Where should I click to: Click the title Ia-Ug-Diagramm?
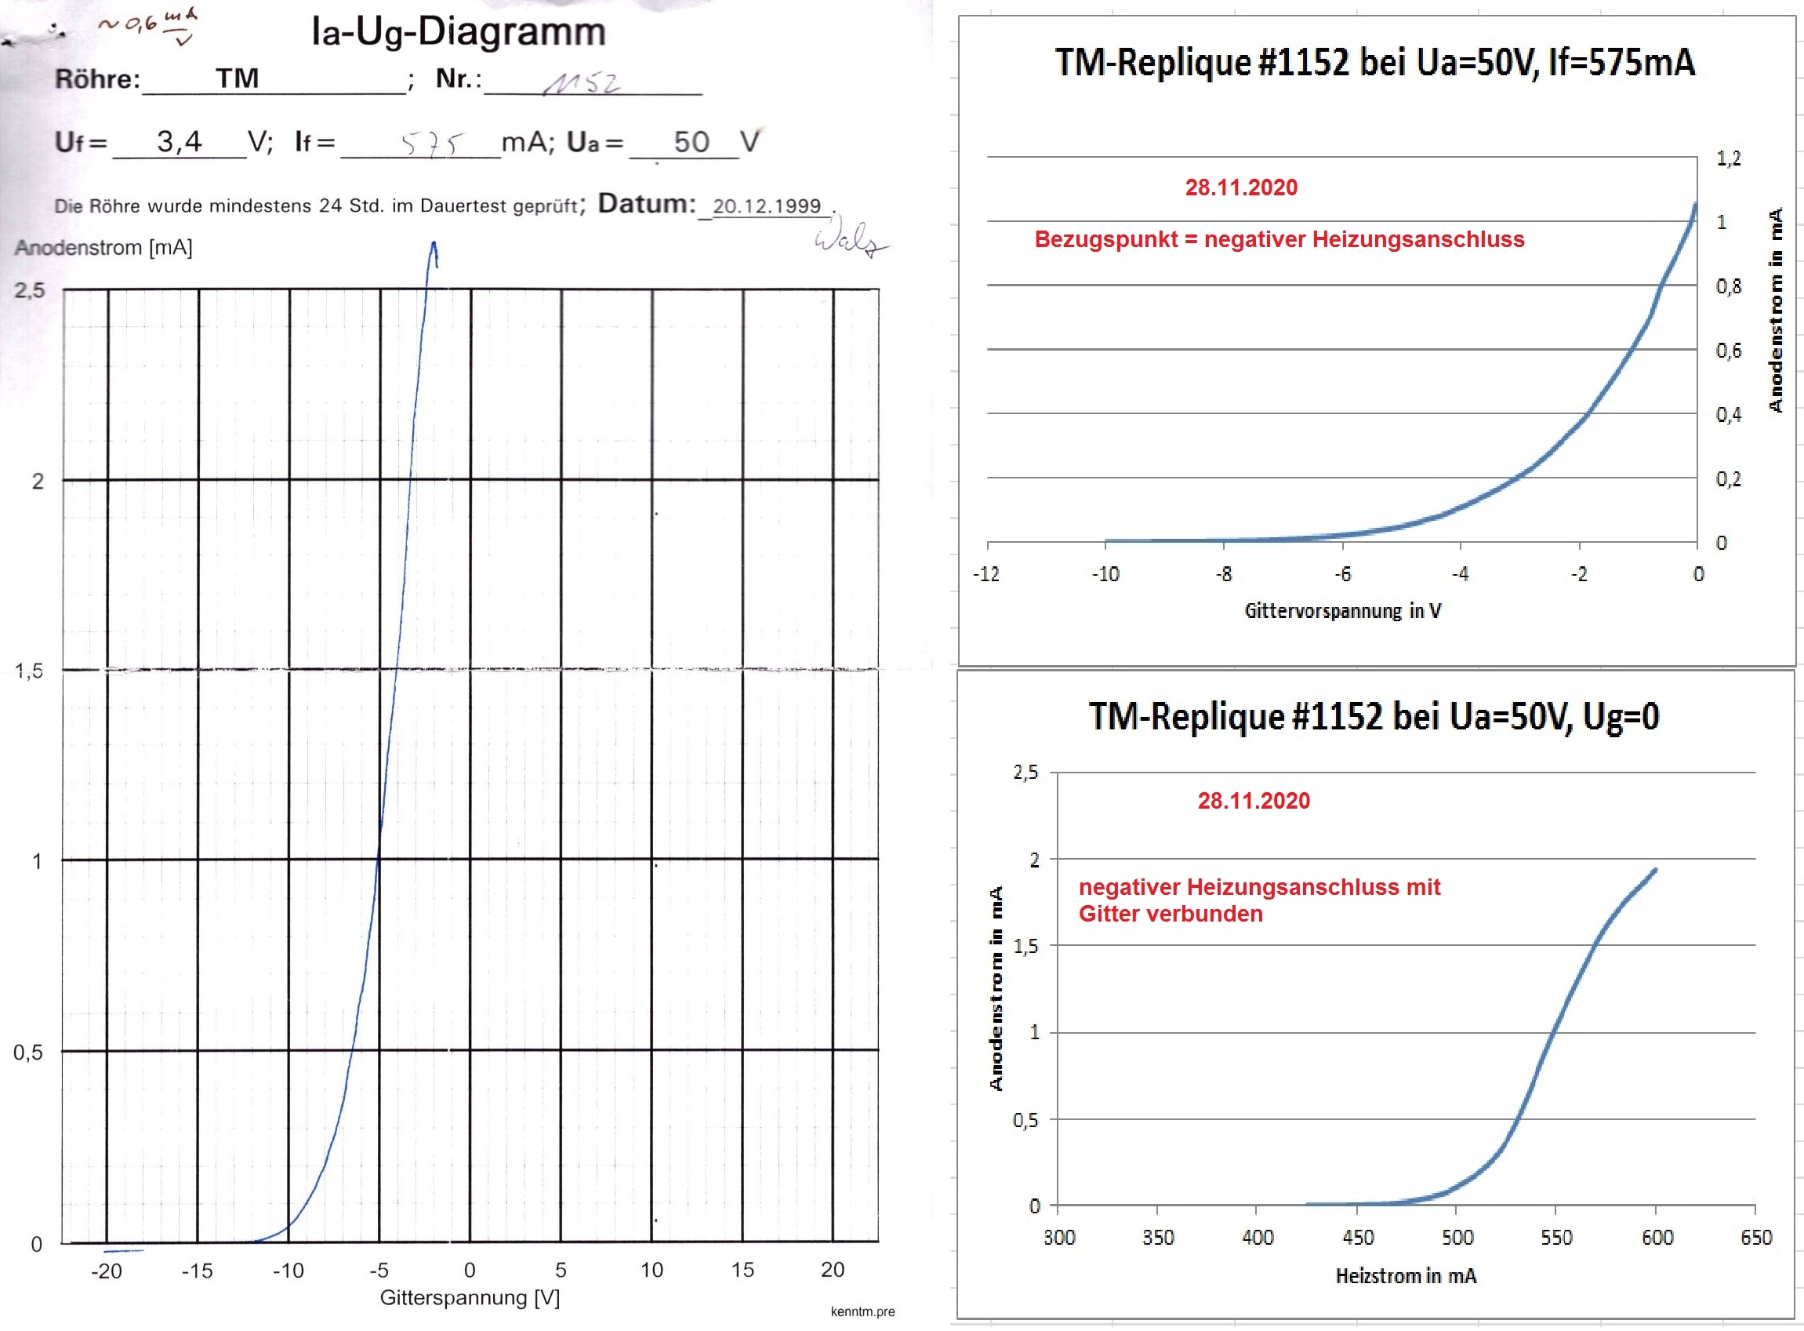pos(458,33)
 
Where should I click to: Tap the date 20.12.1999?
pos(766,206)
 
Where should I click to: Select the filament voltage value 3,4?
pos(179,142)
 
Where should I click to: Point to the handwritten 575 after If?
pos(433,145)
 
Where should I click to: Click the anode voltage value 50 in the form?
pos(691,143)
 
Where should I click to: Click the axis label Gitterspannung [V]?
pos(470,1298)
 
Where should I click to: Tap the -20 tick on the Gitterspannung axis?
pos(107,1271)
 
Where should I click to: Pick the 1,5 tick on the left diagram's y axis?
pos(30,671)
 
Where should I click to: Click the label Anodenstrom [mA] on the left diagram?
pos(103,247)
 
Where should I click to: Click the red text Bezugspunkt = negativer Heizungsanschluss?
pos(1279,239)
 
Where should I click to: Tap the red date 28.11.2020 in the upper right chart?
pos(1241,187)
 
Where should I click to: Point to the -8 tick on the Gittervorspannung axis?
pos(1223,574)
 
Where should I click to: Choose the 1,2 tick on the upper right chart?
pos(1728,158)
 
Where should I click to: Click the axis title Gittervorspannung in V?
pos(1342,611)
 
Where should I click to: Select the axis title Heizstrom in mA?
pos(1406,1276)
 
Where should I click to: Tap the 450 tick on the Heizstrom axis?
pos(1357,1238)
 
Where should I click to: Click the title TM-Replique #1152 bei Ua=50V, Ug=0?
pos(1374,716)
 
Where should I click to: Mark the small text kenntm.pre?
pos(862,1311)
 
